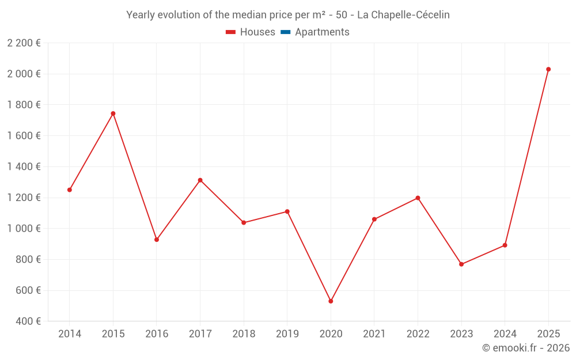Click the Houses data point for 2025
pyautogui.click(x=548, y=69)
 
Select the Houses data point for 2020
pyautogui.click(x=331, y=301)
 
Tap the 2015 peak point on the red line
pyautogui.click(x=113, y=113)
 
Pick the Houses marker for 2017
pyautogui.click(x=200, y=180)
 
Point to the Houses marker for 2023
pyautogui.click(x=461, y=264)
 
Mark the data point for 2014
pyautogui.click(x=70, y=190)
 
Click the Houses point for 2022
pyautogui.click(x=418, y=198)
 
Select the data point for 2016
pyautogui.click(x=157, y=240)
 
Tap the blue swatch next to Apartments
pyautogui.click(x=285, y=32)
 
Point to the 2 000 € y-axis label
pyautogui.click(x=24, y=74)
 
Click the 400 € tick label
pyautogui.click(x=27, y=321)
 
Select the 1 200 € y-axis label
pyautogui.click(x=24, y=198)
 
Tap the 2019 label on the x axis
pyautogui.click(x=287, y=334)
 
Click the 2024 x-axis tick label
pyautogui.click(x=505, y=334)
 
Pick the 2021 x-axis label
pyautogui.click(x=374, y=334)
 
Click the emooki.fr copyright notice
pyautogui.click(x=526, y=348)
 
